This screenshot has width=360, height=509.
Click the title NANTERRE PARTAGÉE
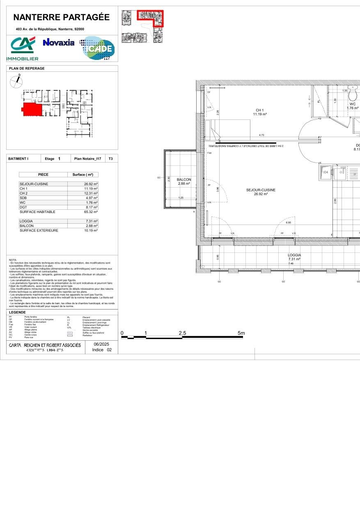62,17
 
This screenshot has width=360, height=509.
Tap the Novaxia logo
59,42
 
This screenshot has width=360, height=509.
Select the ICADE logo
98,48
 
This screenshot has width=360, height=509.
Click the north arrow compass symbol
16,82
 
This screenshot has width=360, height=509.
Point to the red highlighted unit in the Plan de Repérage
31,110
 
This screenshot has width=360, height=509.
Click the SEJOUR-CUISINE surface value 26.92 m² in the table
90,184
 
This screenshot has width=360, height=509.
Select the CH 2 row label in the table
24,193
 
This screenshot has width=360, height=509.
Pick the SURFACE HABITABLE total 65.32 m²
90,212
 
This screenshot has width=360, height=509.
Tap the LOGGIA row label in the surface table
26,221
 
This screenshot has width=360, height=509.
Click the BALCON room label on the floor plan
184,179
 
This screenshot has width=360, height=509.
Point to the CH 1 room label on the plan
259,110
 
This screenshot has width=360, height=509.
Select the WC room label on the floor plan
352,104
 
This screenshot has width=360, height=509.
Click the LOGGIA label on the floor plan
294,255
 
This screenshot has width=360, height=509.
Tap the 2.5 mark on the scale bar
183,333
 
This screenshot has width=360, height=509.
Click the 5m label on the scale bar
241,333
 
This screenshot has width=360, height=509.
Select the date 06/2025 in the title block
102,344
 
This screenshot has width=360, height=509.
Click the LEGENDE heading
17,312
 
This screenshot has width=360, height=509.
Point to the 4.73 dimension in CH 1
261,135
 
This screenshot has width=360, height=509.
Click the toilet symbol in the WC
352,94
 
